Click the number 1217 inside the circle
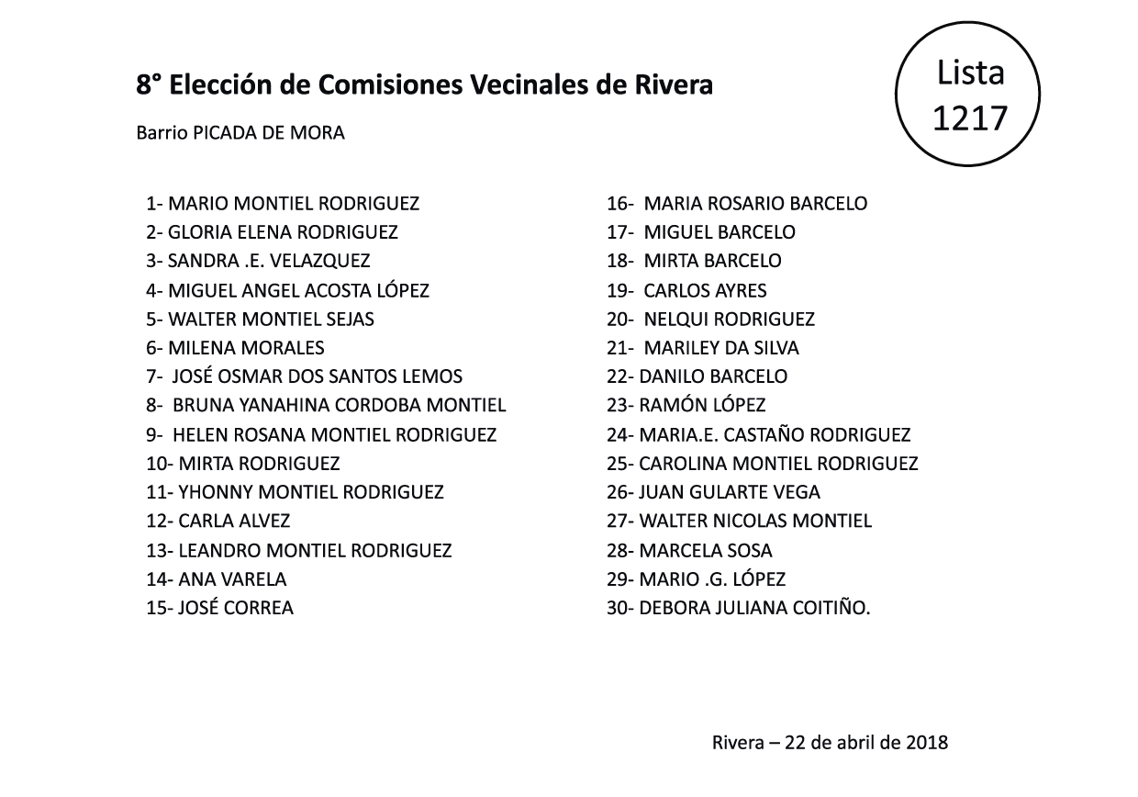pyautogui.click(x=969, y=118)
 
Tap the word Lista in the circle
pyautogui.click(x=970, y=72)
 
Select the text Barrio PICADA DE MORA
pyautogui.click(x=240, y=133)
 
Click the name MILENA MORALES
pyautogui.click(x=246, y=348)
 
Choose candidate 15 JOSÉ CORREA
pyautogui.click(x=235, y=608)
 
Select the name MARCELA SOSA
pyautogui.click(x=705, y=551)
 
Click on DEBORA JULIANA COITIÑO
pyautogui.click(x=754, y=608)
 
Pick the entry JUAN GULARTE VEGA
pyautogui.click(x=729, y=492)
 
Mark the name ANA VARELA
pyautogui.click(x=232, y=579)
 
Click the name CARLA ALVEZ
pyautogui.click(x=234, y=522)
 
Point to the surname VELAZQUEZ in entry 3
pyautogui.click(x=320, y=262)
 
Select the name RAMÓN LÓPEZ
pyautogui.click(x=702, y=405)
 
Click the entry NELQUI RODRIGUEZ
pyautogui.click(x=729, y=320)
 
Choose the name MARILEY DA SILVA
pyautogui.click(x=721, y=348)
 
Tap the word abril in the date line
pyautogui.click(x=855, y=742)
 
